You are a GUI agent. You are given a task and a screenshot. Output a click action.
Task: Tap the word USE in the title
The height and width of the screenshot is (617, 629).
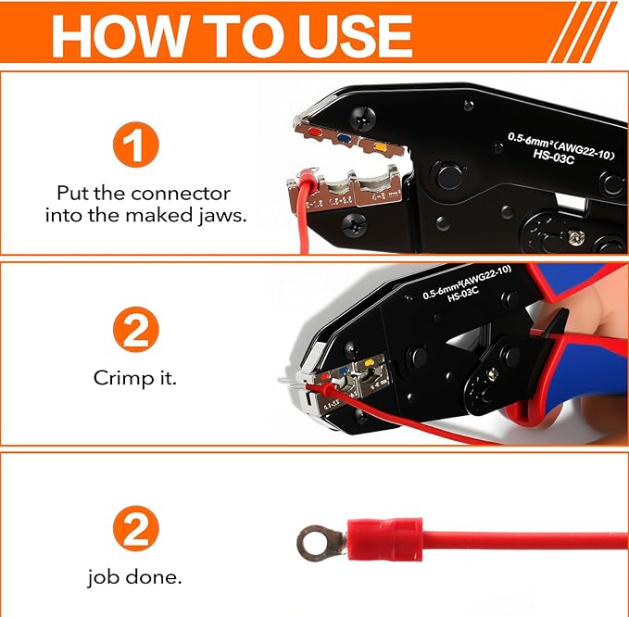pos(344,35)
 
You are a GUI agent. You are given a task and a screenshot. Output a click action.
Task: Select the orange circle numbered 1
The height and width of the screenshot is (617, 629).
pos(136,146)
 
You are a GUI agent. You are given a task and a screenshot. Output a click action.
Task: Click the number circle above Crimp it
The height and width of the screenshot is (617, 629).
pos(136,331)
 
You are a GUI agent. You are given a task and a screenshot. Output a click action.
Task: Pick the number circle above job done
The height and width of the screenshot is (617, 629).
pos(136,531)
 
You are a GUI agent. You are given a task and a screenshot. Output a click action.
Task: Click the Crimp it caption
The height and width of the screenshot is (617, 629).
pos(135,379)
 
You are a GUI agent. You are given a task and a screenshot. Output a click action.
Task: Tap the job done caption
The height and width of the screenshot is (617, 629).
pos(135,577)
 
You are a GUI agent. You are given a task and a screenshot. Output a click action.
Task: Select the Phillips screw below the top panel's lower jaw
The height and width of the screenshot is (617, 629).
pos(354,222)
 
